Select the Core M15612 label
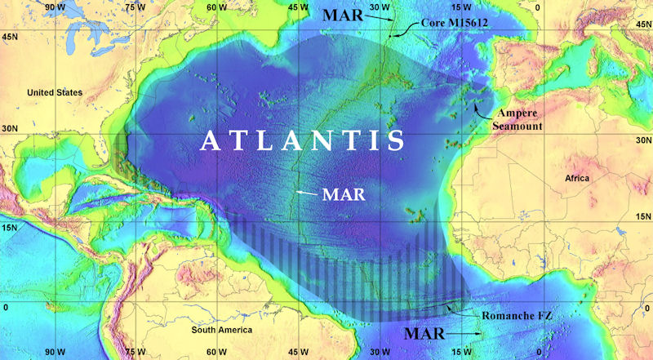pyautogui.click(x=454, y=24)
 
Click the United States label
pyautogui.click(x=55, y=93)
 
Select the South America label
pyautogui.click(x=222, y=330)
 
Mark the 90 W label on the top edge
pyautogui.click(x=56, y=7)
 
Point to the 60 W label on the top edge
pyautogui.click(x=217, y=7)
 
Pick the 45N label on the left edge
pyautogui.click(x=11, y=37)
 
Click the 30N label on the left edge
pyautogui.click(x=11, y=129)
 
